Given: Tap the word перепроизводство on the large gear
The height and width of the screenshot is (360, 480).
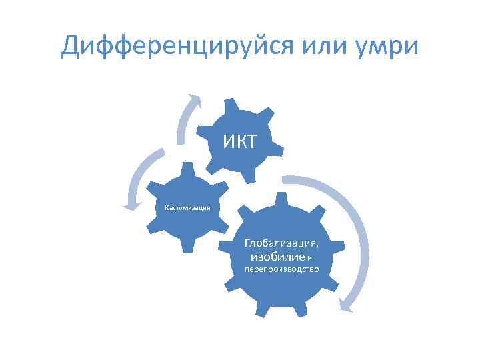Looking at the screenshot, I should point(281,270).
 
